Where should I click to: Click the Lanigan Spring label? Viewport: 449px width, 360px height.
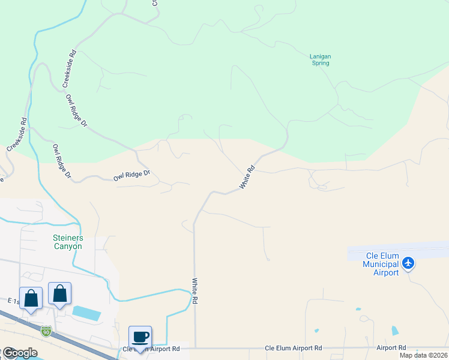[320, 59]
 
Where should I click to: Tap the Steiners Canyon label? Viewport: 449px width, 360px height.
[67, 242]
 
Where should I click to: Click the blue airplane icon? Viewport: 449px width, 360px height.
[409, 262]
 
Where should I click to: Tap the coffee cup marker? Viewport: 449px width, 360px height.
[140, 337]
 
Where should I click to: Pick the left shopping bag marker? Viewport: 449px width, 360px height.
[31, 297]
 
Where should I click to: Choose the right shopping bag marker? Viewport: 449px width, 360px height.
[59, 293]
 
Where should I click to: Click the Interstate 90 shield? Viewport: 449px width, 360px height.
[46, 331]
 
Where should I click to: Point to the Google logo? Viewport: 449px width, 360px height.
[19, 353]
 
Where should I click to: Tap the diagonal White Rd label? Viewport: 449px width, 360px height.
[247, 178]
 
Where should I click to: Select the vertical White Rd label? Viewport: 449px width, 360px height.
[194, 290]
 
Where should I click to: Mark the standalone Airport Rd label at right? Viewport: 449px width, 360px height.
[391, 347]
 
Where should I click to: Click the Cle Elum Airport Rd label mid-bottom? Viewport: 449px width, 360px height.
[294, 348]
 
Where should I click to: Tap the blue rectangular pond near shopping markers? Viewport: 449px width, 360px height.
[86, 312]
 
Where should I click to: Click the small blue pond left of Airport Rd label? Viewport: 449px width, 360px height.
[394, 331]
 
